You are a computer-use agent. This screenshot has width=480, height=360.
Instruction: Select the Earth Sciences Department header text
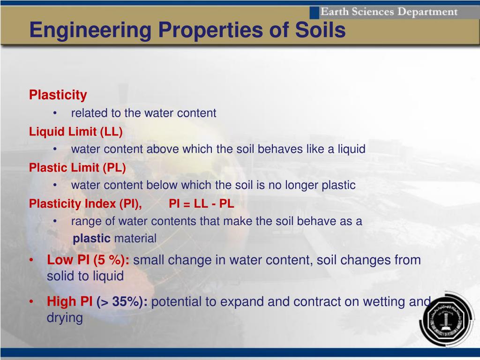(389, 12)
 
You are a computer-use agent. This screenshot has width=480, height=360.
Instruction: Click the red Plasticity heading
(58, 95)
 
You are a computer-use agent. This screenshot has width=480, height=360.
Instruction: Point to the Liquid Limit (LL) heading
(75, 132)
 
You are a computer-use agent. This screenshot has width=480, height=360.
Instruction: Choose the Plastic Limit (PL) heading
(77, 168)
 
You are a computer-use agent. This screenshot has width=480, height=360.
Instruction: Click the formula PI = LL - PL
(202, 203)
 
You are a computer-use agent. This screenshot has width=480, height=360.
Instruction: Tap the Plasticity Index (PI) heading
(85, 204)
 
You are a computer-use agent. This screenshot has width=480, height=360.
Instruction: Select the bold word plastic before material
(91, 238)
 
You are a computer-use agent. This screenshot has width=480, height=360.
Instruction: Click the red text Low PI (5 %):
(88, 260)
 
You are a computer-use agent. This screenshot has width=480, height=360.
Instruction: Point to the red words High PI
(69, 301)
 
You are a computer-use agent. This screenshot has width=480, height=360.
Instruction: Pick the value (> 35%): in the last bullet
(122, 302)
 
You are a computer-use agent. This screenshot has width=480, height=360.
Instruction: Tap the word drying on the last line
(65, 318)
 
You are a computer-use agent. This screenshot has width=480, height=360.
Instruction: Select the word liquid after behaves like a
(352, 149)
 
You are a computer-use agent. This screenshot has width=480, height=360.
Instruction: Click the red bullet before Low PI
(31, 260)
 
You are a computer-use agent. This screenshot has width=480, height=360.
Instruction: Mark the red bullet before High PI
(31, 302)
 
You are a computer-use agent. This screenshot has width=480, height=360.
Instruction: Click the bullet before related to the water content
(55, 113)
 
